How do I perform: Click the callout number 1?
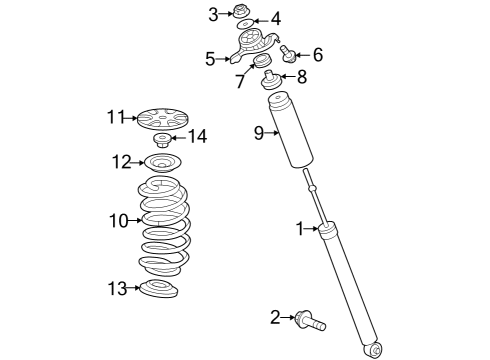298,229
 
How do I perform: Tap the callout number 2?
275,318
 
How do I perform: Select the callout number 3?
213,13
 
